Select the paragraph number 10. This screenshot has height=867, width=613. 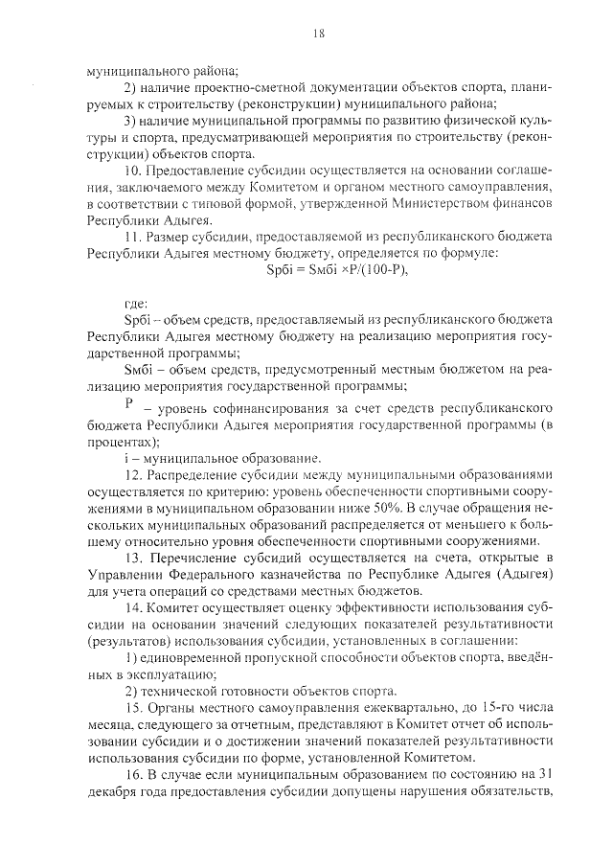pos(135,170)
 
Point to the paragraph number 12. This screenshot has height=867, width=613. pos(135,474)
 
